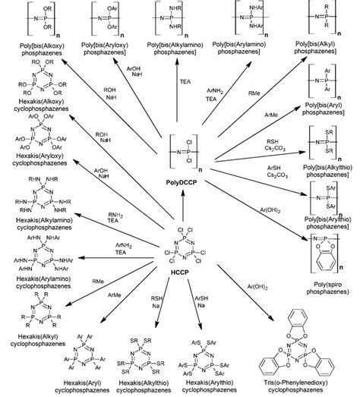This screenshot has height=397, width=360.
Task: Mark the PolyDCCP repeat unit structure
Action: pos(177,155)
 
